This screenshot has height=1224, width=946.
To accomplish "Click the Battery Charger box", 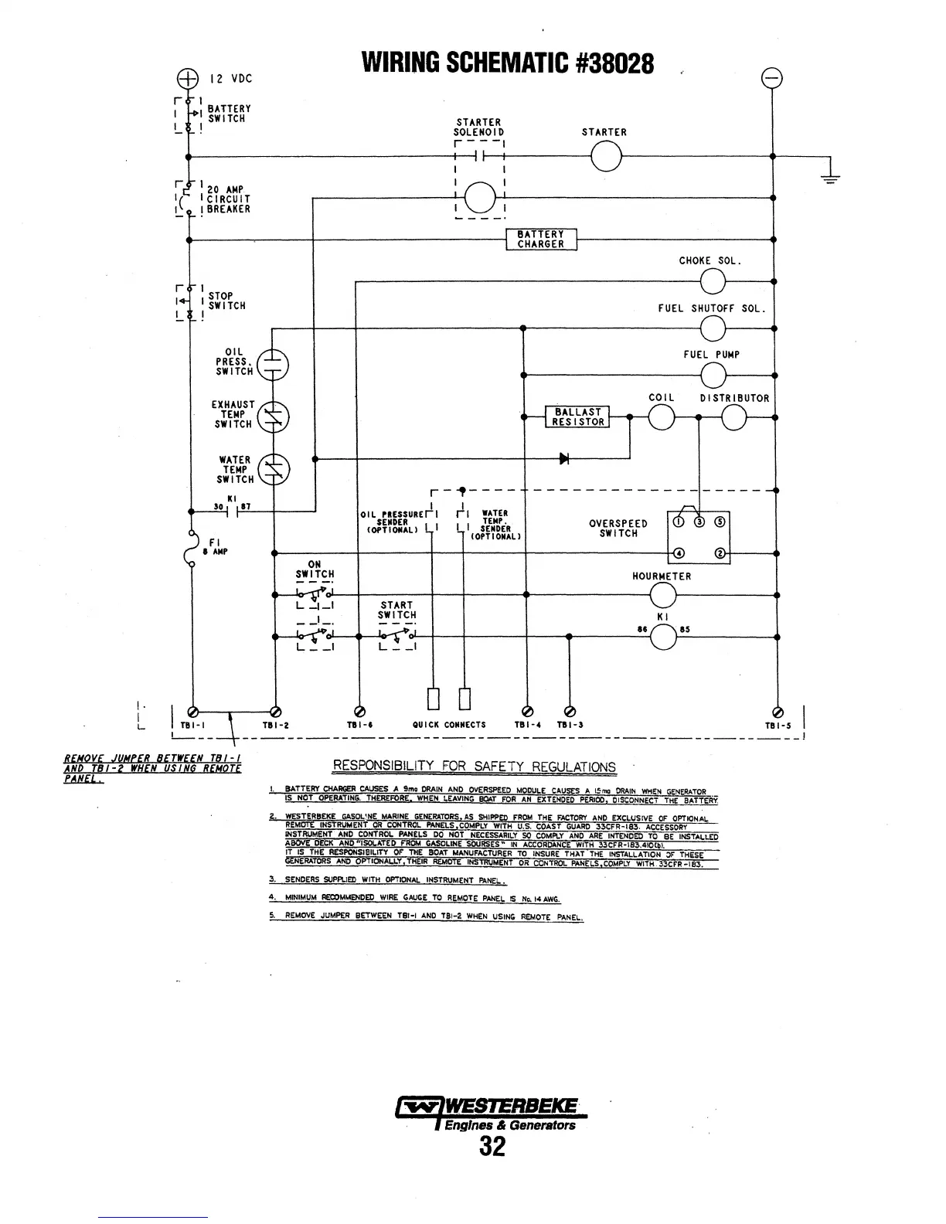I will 541,240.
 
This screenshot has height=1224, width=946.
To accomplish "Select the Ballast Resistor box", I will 577,417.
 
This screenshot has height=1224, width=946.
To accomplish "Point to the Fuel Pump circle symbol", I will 712,376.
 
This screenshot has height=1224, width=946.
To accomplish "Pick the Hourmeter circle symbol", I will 663,596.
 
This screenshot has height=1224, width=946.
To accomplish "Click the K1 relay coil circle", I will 663,637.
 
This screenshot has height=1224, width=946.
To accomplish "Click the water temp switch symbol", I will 273,470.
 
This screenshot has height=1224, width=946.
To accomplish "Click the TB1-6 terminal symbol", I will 358,712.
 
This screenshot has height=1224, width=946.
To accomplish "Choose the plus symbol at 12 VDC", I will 188,77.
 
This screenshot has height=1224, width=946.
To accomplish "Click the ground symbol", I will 831,175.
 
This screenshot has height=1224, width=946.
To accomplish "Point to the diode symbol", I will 564,459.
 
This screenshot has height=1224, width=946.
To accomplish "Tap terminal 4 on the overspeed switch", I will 677,553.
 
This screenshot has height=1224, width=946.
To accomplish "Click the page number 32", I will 492,1146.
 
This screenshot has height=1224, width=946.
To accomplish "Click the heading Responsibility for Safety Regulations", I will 474,767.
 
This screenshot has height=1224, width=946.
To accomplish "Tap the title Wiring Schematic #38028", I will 509,62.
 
